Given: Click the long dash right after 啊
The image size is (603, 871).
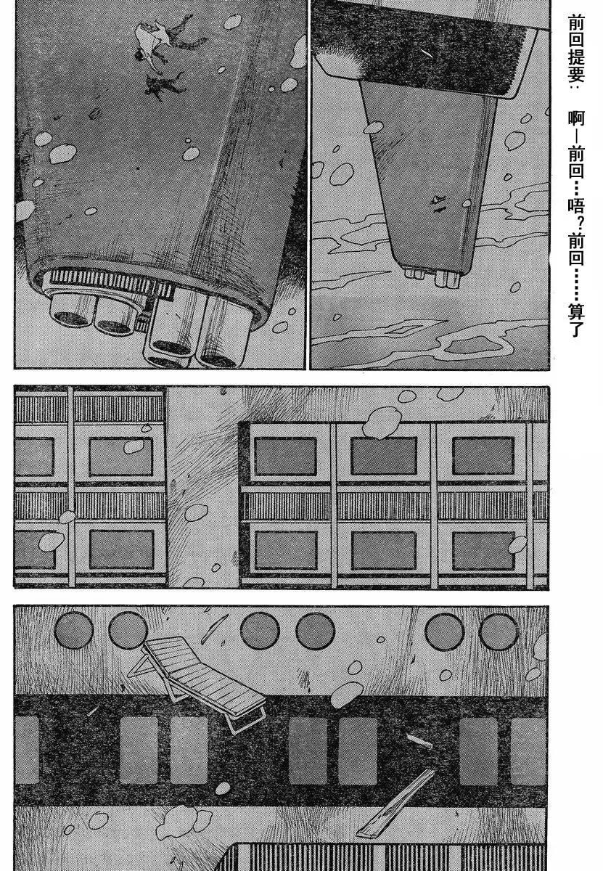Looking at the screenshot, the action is tap(576, 136).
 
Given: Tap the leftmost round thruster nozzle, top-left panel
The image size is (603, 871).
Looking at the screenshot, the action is tap(70, 309).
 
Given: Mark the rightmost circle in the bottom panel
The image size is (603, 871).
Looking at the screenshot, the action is tap(499, 630).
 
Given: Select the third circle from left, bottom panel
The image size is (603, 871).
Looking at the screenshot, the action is tap(260, 630).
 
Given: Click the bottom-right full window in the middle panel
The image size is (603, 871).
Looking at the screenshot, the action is tap(483, 551).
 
